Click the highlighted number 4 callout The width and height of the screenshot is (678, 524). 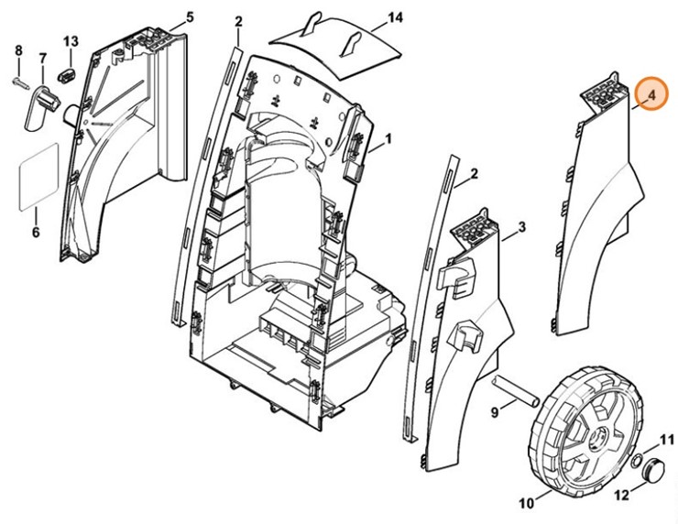(651, 93)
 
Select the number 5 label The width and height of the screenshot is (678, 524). (190, 17)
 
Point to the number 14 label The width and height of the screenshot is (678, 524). (395, 17)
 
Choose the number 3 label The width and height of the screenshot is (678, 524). (520, 226)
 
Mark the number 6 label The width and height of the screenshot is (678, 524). (36, 232)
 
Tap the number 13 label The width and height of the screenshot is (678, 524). (71, 41)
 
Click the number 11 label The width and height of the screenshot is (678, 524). (667, 440)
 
